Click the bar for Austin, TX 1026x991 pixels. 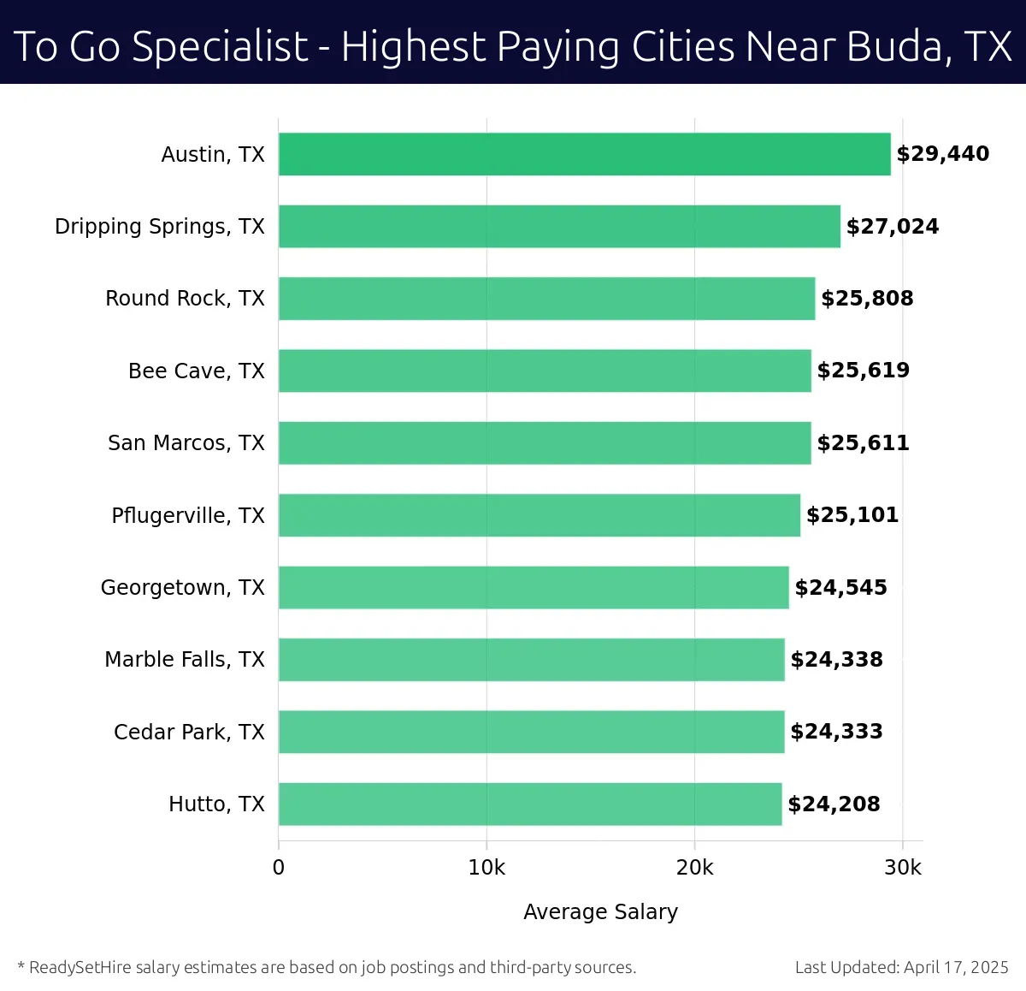point(584,154)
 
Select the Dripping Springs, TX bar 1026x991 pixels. point(559,226)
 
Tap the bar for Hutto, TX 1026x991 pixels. point(530,804)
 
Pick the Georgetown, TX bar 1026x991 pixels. point(534,587)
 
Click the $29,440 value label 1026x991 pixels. point(942,154)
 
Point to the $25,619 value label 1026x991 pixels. point(863,371)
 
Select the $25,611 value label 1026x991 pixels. point(863,442)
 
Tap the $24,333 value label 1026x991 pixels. point(836,732)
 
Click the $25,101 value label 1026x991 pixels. point(852,515)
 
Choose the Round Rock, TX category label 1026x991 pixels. point(185,299)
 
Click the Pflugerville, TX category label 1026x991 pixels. point(188,515)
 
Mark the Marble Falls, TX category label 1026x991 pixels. point(185,660)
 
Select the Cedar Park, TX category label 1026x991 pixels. point(189,732)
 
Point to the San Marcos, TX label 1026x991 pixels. point(186,443)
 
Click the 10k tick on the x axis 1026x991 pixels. point(486,868)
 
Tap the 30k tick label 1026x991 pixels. point(903,868)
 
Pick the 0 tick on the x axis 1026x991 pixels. point(279,868)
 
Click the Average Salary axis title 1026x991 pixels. point(600,912)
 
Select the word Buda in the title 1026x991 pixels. point(895,46)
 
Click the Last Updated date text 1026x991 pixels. point(901,967)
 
